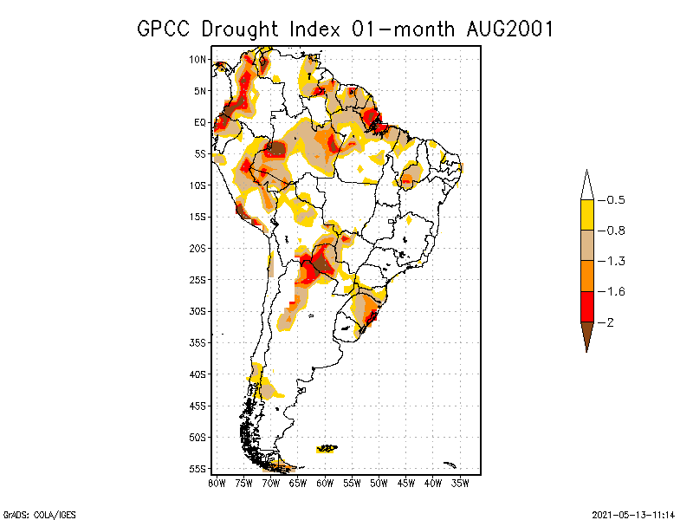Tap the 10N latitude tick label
pyautogui.click(x=198, y=59)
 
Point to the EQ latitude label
pyautogui.click(x=200, y=122)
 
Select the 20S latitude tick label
pyautogui.click(x=198, y=248)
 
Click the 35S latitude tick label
pyautogui.click(x=198, y=342)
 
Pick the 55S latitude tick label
pyautogui.click(x=198, y=469)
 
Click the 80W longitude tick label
pyautogui.click(x=217, y=483)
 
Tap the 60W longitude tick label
pyautogui.click(x=325, y=483)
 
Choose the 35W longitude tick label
pyautogui.click(x=460, y=483)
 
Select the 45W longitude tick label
pyautogui.click(x=406, y=483)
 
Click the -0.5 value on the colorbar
pyautogui.click(x=615, y=200)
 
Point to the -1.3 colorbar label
pyautogui.click(x=615, y=261)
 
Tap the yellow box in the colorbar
pyautogui.click(x=586, y=215)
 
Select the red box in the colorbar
pyautogui.click(x=586, y=307)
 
